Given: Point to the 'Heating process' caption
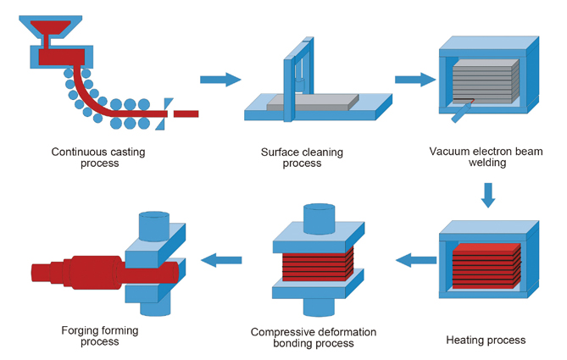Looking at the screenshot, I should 486,340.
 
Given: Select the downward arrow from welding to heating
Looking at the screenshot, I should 488,197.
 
